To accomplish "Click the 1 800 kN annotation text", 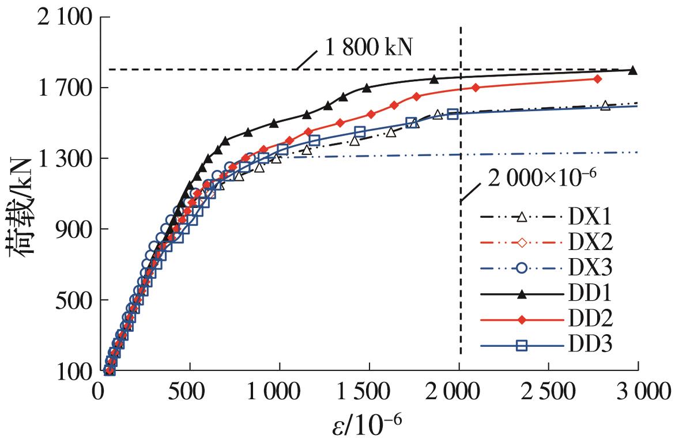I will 369,47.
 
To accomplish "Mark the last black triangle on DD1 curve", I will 632,71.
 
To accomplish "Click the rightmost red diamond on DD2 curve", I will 598,78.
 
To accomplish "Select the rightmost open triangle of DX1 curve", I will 605,105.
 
